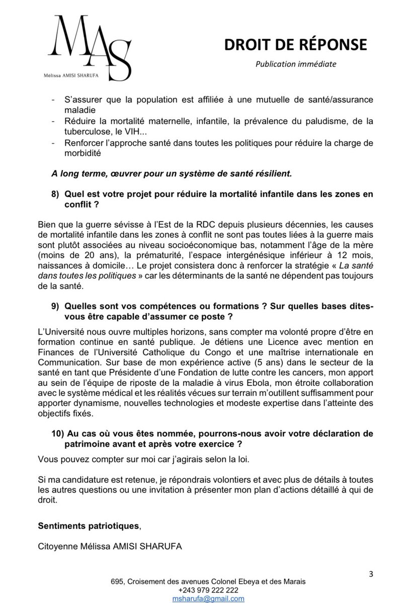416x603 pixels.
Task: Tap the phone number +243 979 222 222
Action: (208, 590)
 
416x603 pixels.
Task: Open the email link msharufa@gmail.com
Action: (208, 598)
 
